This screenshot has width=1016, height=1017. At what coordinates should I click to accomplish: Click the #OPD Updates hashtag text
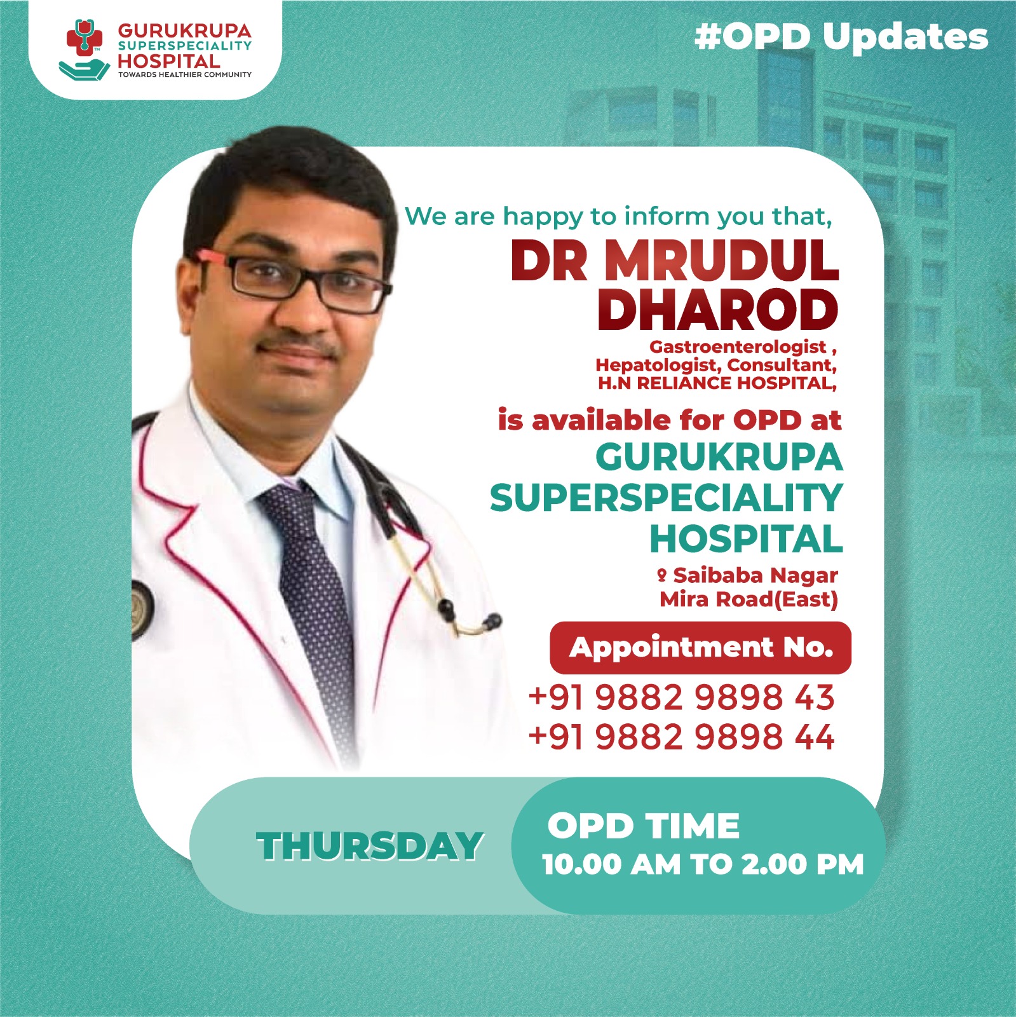click(x=841, y=36)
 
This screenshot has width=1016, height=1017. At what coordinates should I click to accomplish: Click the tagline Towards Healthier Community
click(x=184, y=75)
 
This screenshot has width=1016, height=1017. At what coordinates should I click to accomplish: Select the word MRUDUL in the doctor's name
click(x=721, y=261)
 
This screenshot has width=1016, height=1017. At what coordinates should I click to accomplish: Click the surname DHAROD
click(x=718, y=310)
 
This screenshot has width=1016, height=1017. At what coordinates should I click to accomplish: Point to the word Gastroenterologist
click(x=737, y=347)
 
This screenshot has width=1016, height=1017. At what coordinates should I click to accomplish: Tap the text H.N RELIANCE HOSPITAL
click(x=716, y=383)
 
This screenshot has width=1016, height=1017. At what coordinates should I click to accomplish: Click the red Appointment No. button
click(x=700, y=648)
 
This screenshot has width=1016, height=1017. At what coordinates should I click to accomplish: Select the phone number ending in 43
click(x=681, y=697)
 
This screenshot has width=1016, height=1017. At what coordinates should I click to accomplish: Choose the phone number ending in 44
click(x=681, y=737)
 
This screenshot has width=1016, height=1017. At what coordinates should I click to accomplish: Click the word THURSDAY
click(x=370, y=847)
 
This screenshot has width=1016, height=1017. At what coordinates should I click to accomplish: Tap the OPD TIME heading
click(x=643, y=826)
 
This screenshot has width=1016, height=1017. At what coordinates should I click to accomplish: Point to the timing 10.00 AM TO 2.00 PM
click(x=703, y=864)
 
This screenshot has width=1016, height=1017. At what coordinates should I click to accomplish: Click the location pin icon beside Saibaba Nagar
click(x=661, y=575)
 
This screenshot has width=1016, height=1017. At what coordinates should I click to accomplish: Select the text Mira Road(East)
click(x=748, y=599)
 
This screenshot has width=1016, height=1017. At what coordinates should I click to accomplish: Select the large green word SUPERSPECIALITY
click(x=666, y=498)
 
